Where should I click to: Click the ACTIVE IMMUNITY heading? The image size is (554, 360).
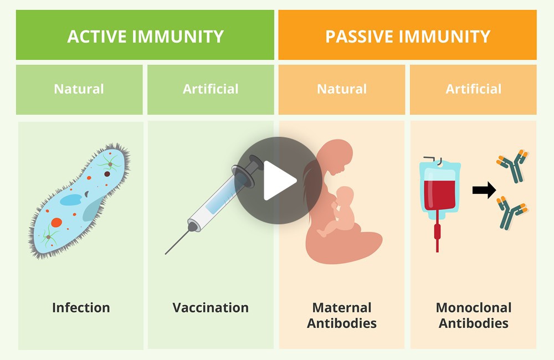(145, 37)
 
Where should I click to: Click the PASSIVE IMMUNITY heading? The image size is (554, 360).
(408, 37)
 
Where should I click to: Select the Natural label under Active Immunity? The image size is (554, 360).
(79, 89)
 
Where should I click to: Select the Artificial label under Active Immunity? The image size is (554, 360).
(211, 89)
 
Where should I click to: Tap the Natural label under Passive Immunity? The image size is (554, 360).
(342, 89)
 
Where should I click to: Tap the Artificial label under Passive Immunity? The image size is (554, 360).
(474, 89)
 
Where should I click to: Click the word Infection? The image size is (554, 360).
(81, 307)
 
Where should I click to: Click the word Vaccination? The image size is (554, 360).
(211, 307)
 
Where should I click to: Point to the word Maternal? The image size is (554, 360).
(342, 307)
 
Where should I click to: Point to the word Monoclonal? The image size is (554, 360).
(474, 307)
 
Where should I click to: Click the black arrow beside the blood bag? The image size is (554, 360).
(484, 190)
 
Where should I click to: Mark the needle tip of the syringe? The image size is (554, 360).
(165, 254)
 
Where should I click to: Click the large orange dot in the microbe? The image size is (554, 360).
(57, 222)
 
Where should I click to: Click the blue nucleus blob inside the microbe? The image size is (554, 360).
(71, 199)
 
